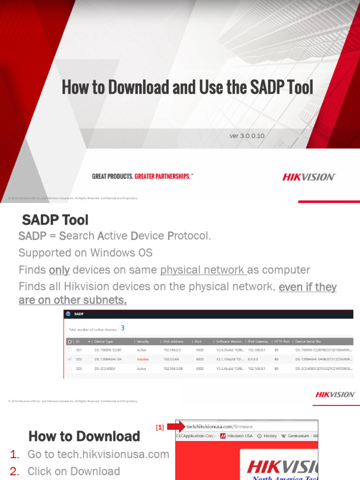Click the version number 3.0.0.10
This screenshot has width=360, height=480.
(247, 136)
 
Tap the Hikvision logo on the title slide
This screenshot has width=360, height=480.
(308, 177)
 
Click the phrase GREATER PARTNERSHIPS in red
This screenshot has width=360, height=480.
(163, 176)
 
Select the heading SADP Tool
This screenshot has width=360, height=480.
(55, 220)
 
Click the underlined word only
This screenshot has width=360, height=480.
(59, 270)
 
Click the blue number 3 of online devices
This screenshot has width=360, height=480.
(122, 328)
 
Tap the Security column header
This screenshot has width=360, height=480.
(142, 341)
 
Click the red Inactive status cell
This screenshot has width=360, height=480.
(143, 360)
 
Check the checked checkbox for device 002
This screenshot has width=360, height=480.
(70, 360)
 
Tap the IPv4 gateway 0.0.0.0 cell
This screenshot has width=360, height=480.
(255, 360)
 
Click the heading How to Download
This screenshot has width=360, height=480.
(84, 436)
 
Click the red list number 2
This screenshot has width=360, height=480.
(15, 471)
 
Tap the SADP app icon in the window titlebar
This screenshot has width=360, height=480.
(68, 315)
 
